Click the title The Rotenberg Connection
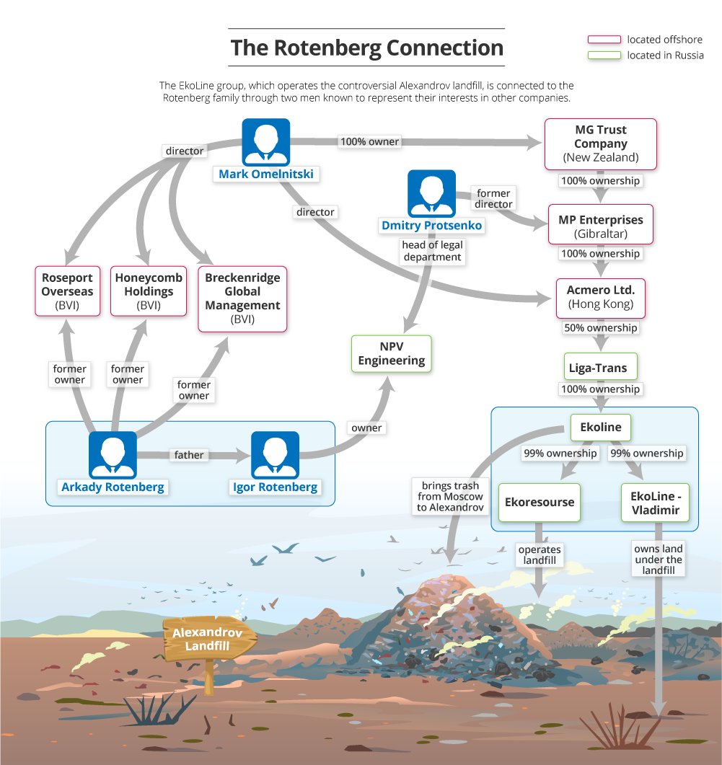point(366,48)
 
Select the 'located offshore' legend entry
point(645,40)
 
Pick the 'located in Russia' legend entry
point(645,56)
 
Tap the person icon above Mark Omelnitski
point(265,143)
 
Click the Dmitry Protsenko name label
point(431,226)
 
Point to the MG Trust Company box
point(600,143)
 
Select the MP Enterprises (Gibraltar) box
point(600,226)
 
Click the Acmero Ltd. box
point(600,297)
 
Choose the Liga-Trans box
point(600,368)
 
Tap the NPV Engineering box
point(392,353)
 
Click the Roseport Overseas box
point(67,291)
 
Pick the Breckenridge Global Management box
point(242,299)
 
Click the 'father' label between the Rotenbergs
point(188,455)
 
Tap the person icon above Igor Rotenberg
point(275,455)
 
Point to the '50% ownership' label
point(600,328)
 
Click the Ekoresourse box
point(540,502)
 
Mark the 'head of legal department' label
point(432,251)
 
